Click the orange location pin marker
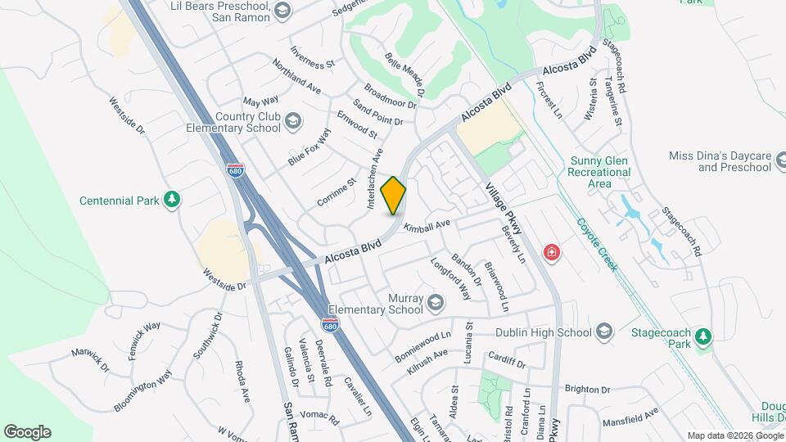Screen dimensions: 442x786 [x=394, y=196]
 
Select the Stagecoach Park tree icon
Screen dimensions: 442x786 [x=702, y=336]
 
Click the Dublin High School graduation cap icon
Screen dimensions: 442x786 [x=604, y=332]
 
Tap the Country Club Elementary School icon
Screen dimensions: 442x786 [x=292, y=123]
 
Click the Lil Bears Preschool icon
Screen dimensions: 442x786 [x=282, y=11]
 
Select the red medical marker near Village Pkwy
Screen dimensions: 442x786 [x=553, y=252]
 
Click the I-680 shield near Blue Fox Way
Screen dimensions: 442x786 [x=234, y=170]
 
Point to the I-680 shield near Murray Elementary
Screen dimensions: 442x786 [x=352, y=325]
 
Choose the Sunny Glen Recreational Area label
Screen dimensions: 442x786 [x=600, y=173]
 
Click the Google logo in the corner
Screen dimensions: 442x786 [x=27, y=432]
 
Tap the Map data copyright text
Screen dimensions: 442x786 [x=734, y=435]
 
